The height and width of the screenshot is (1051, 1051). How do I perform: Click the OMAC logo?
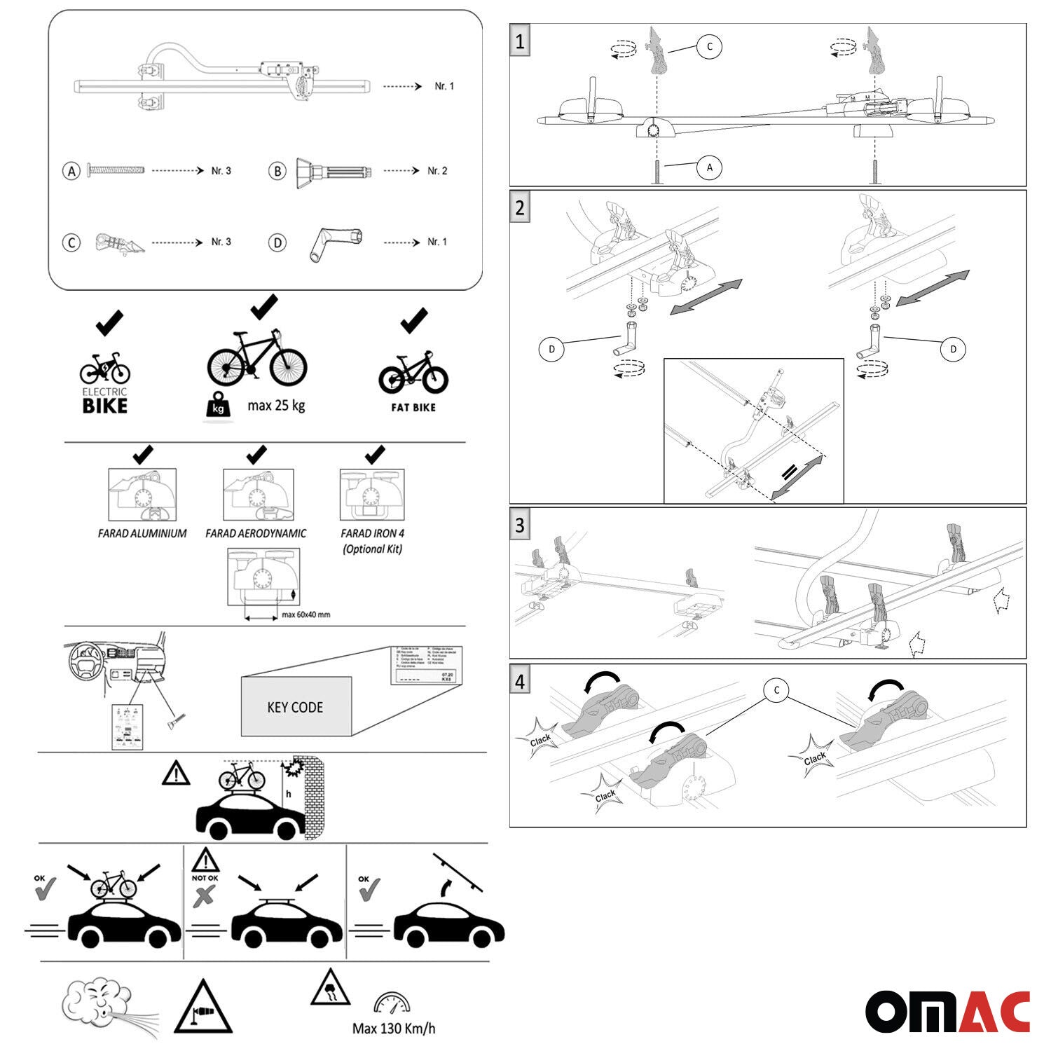947,1012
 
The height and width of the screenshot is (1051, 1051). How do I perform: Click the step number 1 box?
519,41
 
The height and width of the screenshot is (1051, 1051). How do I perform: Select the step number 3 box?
519,525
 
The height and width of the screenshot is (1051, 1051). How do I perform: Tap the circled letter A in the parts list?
71,170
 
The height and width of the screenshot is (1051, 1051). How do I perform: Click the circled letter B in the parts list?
277,170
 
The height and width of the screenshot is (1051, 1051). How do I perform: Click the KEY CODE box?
295,706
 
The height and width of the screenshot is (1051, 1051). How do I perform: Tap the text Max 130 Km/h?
393,1029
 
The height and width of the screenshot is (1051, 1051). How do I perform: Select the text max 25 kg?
276,405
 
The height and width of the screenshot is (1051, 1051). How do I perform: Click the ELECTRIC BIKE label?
105,401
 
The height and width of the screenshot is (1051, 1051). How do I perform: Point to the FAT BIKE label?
413,407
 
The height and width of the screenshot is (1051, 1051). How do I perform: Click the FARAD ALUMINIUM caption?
142,533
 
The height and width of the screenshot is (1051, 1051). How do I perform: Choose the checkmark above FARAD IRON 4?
375,455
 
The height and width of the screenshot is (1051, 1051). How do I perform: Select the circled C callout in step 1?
709,47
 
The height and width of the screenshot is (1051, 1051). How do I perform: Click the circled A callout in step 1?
709,167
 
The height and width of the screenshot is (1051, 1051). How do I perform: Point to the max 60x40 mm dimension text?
305,614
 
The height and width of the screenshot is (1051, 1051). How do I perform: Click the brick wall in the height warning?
312,795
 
